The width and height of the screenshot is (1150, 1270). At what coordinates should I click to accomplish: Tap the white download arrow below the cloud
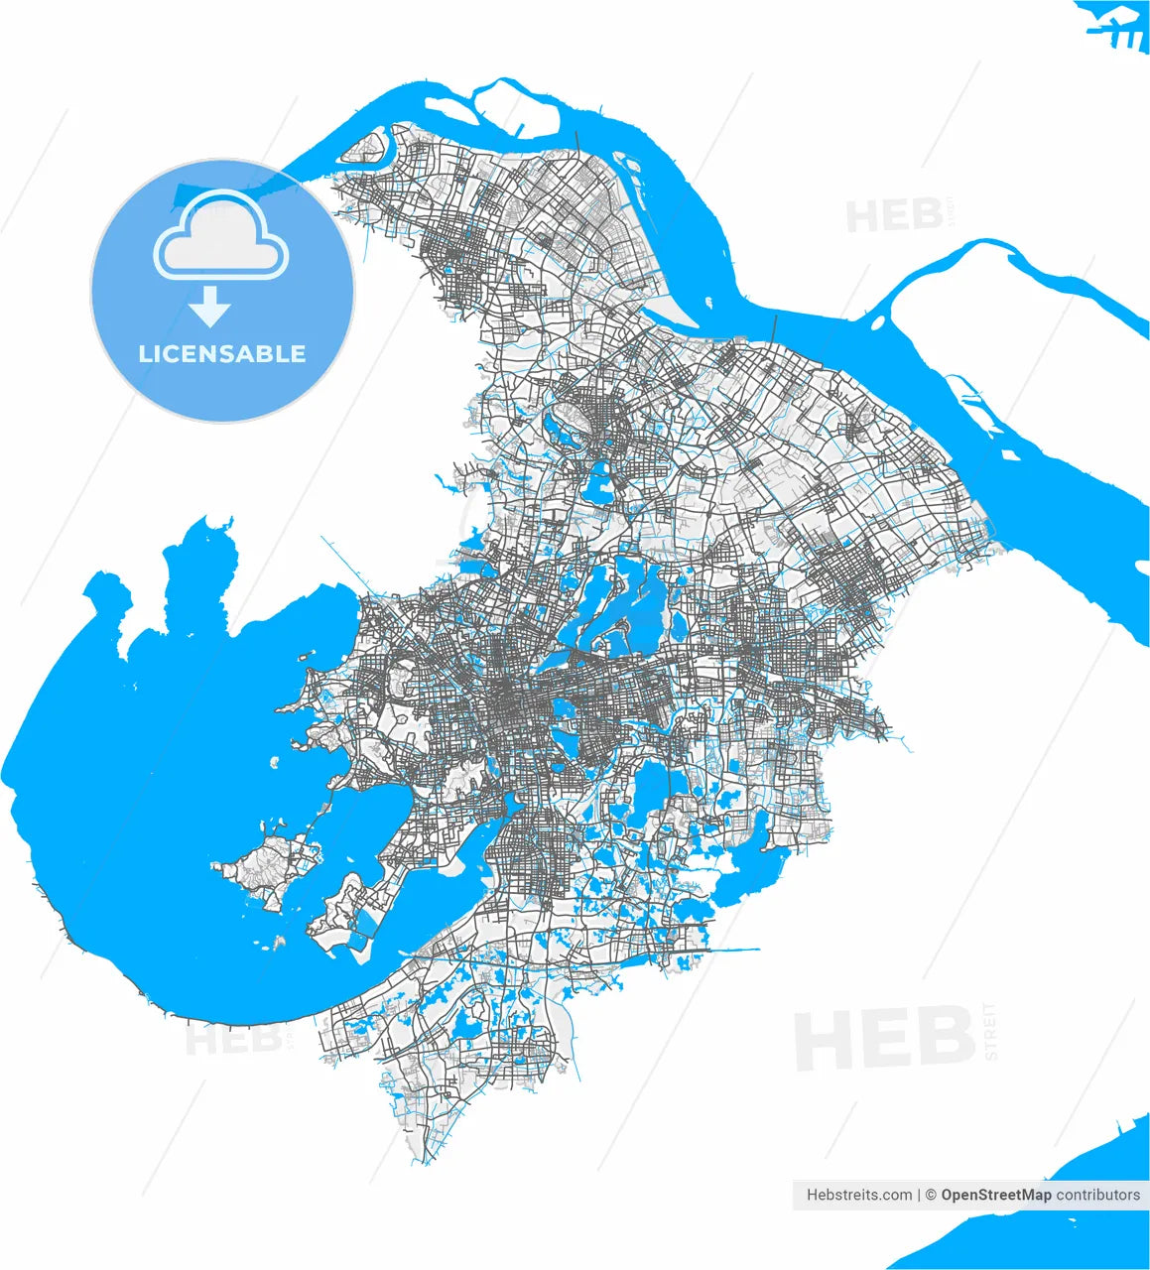click(209, 308)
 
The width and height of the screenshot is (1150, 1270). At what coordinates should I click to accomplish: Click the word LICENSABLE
click(222, 354)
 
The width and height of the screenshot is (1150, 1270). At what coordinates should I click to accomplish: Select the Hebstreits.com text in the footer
click(859, 1195)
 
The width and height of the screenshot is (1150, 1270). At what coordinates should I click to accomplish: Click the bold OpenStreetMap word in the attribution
click(995, 1195)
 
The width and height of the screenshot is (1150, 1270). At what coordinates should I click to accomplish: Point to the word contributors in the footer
click(1097, 1195)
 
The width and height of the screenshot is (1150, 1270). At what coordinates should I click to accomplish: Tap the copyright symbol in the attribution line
click(931, 1195)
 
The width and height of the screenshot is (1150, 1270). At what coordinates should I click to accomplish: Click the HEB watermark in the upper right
click(893, 213)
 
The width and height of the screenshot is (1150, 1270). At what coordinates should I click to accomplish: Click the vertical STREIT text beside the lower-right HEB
click(990, 1032)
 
